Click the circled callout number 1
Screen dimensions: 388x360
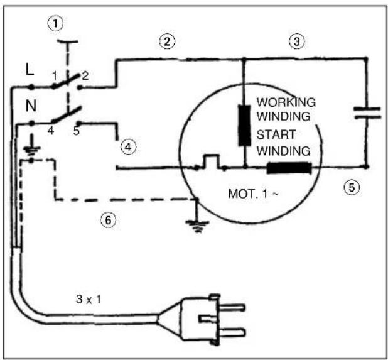coord(55,23)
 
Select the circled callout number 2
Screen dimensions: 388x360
coord(167,41)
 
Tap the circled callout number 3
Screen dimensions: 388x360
coord(297,41)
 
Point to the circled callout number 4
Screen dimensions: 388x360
coord(128,147)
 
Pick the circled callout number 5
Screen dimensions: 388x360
coord(352,187)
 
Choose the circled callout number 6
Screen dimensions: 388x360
coord(108,220)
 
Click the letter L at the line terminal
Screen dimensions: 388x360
coord(30,70)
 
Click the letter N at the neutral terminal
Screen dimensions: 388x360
coord(31,106)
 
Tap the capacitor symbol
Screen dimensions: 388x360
coord(367,112)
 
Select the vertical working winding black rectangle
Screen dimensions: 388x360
coord(244,125)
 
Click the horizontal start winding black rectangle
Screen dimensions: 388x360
coord(289,168)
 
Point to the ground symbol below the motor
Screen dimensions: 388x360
coord(197,226)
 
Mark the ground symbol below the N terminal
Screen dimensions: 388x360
coord(31,150)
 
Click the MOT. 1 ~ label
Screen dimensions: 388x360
coord(253,194)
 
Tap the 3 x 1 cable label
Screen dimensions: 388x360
coord(89,300)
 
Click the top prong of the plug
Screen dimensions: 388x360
coord(232,308)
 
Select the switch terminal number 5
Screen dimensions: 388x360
coord(77,131)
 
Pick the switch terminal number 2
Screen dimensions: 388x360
coord(85,76)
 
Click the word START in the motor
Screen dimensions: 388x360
coord(276,134)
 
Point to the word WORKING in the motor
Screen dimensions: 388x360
coord(286,102)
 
